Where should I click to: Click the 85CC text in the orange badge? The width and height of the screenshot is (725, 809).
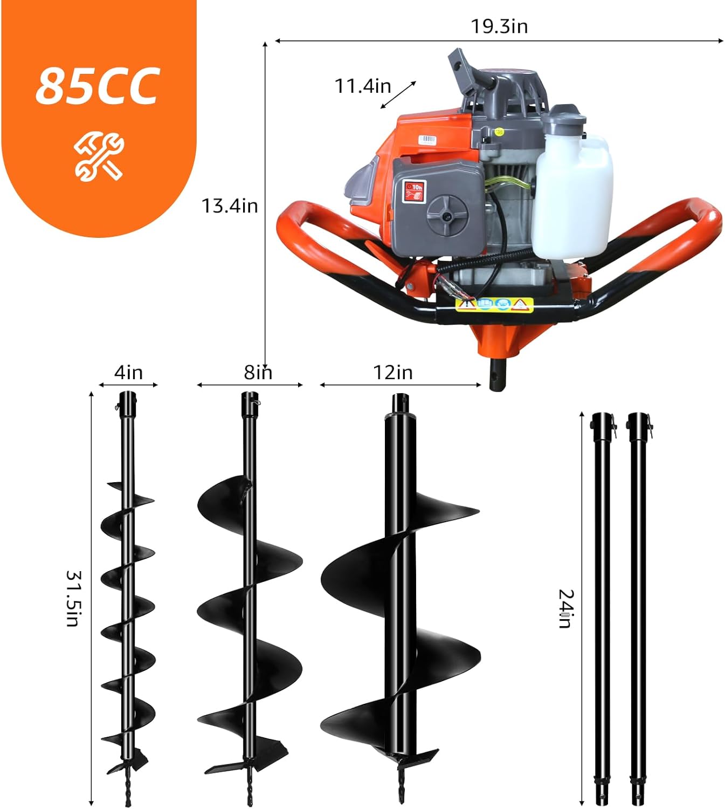pos(98,86)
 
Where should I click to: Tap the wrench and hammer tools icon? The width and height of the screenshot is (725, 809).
pos(99,157)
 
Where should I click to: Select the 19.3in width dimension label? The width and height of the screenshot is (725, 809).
pos(499,26)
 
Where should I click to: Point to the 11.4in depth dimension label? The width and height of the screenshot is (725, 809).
pos(363,86)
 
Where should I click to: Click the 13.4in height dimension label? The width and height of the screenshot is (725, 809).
pos(230,206)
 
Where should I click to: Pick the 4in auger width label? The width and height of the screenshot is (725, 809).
pos(128,373)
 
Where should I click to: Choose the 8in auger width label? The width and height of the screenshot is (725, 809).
pos(258,373)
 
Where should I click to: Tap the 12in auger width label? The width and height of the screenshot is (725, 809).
pos(393,373)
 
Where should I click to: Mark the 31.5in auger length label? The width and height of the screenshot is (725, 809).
pos(73,598)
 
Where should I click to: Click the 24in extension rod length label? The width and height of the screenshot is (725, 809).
pos(565,608)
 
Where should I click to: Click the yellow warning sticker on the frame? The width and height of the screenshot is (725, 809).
pos(494,305)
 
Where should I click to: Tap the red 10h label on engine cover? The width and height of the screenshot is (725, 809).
pos(414,191)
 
